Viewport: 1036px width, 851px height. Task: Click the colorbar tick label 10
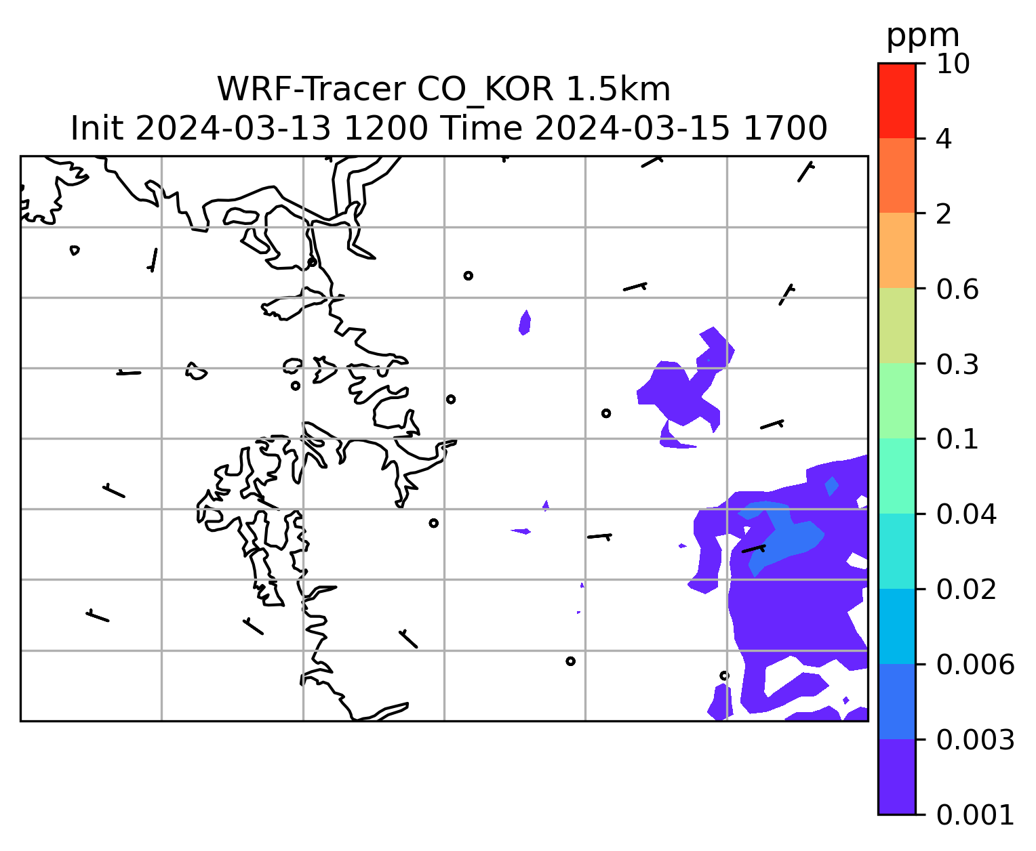(x=953, y=64)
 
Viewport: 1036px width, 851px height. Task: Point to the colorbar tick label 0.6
(x=957, y=289)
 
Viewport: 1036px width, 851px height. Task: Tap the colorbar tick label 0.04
(x=966, y=514)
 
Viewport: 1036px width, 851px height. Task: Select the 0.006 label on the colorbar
(x=975, y=665)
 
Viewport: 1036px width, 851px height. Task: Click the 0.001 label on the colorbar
(x=975, y=815)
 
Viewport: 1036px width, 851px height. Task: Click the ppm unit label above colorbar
(x=923, y=37)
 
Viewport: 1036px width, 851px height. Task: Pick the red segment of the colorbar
(x=897, y=100)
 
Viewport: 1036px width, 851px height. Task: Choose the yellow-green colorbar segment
(x=897, y=325)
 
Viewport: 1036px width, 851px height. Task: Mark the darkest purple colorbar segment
(x=897, y=776)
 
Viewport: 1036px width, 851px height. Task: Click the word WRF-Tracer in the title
(x=311, y=89)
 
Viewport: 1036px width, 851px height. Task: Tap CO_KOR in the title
(x=485, y=90)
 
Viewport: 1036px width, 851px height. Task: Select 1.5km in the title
(x=618, y=89)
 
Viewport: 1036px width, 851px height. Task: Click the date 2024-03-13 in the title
(x=233, y=129)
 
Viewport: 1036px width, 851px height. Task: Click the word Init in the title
(x=97, y=129)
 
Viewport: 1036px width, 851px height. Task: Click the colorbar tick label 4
(x=944, y=139)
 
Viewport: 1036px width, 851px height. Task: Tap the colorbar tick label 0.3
(x=957, y=364)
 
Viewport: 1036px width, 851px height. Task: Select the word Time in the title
(x=482, y=129)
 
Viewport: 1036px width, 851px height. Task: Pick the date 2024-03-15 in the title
(x=633, y=129)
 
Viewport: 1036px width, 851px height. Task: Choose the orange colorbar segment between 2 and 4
(x=897, y=175)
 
